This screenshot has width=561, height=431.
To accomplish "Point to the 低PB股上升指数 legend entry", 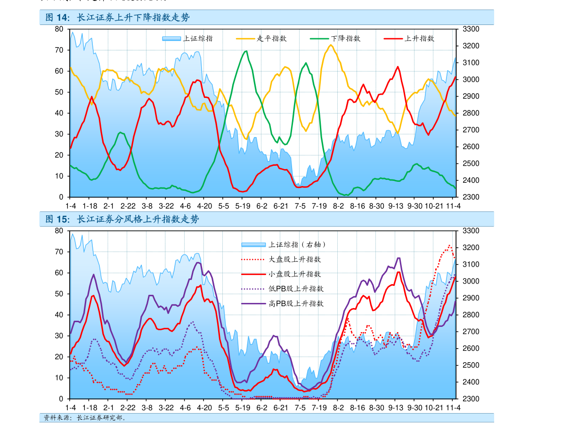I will pyautogui.click(x=296, y=289).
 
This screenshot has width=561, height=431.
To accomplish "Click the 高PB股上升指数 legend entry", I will pyautogui.click(x=296, y=303).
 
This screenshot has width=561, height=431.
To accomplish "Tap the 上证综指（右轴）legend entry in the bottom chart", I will pyautogui.click(x=297, y=244).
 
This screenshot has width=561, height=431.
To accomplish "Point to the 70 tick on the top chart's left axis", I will pyautogui.click(x=59, y=50).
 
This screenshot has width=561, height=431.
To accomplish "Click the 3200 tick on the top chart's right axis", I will pyautogui.click(x=472, y=46).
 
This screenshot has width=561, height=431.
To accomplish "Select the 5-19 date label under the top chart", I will pyautogui.click(x=243, y=206).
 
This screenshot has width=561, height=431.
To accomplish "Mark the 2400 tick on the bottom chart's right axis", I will pyautogui.click(x=472, y=382).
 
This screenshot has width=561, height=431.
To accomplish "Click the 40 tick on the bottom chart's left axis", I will pyautogui.click(x=59, y=315).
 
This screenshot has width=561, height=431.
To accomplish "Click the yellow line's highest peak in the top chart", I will pyautogui.click(x=330, y=45).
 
